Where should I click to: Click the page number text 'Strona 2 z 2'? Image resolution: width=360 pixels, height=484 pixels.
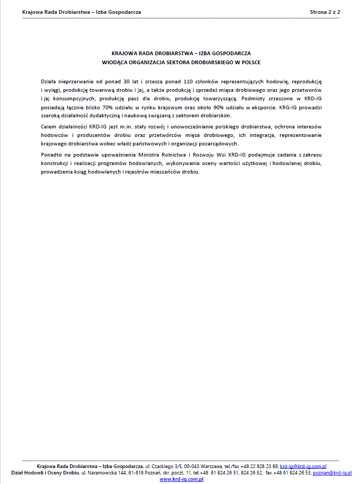[x=324, y=11]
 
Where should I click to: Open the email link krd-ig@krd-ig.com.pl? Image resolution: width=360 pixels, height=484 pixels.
[x=303, y=466]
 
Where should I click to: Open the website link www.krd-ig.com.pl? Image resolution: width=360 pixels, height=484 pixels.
[x=182, y=479]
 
